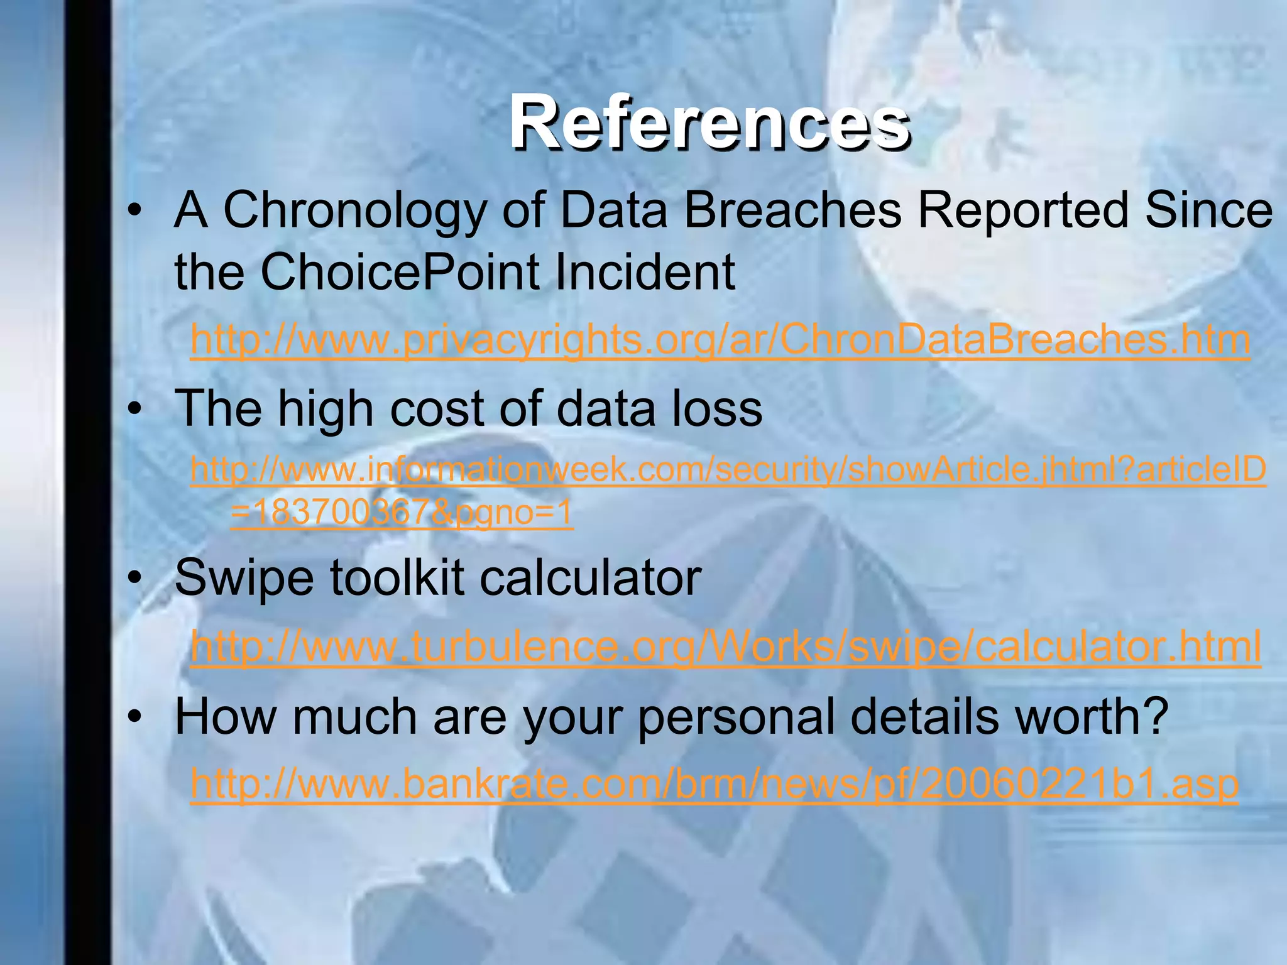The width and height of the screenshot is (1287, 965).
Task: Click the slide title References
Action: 709,122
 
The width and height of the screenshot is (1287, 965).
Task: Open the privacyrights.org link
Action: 720,341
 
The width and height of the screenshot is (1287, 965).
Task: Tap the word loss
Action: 716,409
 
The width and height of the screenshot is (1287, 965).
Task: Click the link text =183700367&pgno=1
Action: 402,514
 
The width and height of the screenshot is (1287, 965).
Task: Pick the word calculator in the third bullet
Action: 591,578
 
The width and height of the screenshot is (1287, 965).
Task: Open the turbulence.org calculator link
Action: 725,647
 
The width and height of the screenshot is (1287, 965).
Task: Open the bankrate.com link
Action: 714,784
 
